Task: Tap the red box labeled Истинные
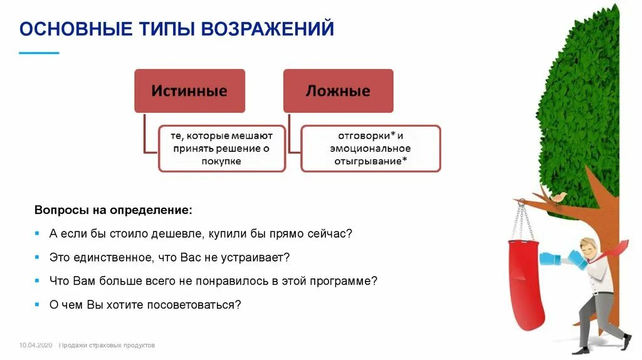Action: pyautogui.click(x=189, y=91)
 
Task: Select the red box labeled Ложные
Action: pyautogui.click(x=338, y=91)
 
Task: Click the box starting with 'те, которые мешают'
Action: pyautogui.click(x=222, y=148)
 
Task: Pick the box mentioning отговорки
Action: pyautogui.click(x=371, y=148)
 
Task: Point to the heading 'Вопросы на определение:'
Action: pyautogui.click(x=113, y=209)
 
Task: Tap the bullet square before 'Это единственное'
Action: pyautogui.click(x=38, y=257)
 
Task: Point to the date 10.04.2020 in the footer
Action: pyautogui.click(x=36, y=346)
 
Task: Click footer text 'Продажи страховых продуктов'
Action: pyautogui.click(x=107, y=346)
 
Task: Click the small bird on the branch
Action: pyautogui.click(x=557, y=198)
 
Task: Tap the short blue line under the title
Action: pyautogui.click(x=39, y=53)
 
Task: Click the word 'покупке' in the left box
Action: pyautogui.click(x=222, y=161)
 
